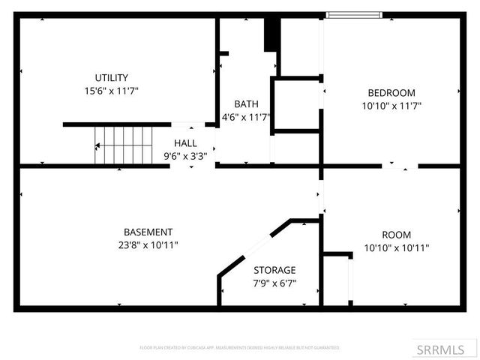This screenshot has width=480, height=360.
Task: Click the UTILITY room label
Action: click(x=111, y=77)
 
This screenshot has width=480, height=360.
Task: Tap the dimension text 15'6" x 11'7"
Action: click(x=111, y=91)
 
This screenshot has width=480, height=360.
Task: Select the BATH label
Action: click(x=246, y=103)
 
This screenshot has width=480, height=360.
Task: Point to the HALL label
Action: click(x=185, y=143)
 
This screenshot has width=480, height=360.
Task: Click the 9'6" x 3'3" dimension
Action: click(x=185, y=156)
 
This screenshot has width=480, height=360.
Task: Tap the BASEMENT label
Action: click(x=148, y=232)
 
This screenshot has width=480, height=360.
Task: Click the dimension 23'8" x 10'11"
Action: click(x=148, y=245)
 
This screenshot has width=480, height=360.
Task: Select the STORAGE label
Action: click(x=274, y=270)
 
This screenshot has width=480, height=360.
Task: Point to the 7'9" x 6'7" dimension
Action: click(x=274, y=283)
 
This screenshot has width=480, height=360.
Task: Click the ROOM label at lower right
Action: click(x=396, y=235)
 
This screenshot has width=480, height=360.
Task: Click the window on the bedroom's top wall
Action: click(x=354, y=14)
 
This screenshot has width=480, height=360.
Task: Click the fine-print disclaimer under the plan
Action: click(x=240, y=347)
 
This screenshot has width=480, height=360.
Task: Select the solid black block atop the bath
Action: click(x=271, y=34)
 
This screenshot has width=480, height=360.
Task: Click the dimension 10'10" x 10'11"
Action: click(x=396, y=247)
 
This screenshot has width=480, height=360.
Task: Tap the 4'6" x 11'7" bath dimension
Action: click(x=246, y=117)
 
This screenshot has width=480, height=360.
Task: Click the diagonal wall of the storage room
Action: click(x=253, y=247)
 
